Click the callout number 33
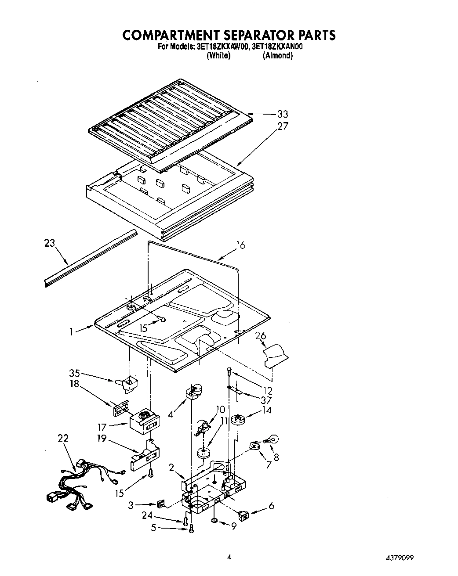coord(282,114)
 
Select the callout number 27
coord(282,126)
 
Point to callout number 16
coord(240,245)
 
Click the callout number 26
coord(261,336)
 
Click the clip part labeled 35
coord(127,384)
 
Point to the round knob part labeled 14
coord(240,420)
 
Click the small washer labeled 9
coord(214,521)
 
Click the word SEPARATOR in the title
coord(239,35)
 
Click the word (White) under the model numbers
coord(218,55)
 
